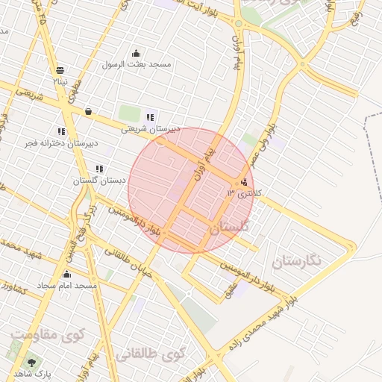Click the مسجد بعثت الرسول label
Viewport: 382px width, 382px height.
coord(139,65)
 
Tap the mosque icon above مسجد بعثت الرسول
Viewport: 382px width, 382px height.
coord(136,54)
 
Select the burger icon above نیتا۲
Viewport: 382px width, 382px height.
coord(58,69)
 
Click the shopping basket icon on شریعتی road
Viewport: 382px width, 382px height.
coord(88,112)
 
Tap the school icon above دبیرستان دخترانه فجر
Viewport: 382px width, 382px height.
coord(61,132)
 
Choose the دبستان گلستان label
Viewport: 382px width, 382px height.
coord(91,181)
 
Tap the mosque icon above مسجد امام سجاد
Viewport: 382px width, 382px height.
coord(67,275)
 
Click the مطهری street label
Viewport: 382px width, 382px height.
coord(75,90)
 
